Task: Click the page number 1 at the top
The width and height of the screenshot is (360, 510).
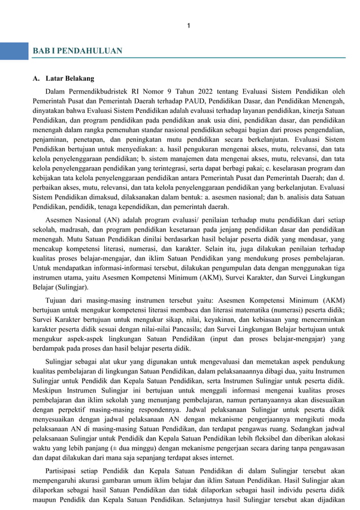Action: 188,25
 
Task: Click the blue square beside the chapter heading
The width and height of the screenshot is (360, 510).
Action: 14,51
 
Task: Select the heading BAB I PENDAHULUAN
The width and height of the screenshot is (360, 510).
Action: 77,51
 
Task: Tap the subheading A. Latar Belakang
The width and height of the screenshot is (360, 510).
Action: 63,79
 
